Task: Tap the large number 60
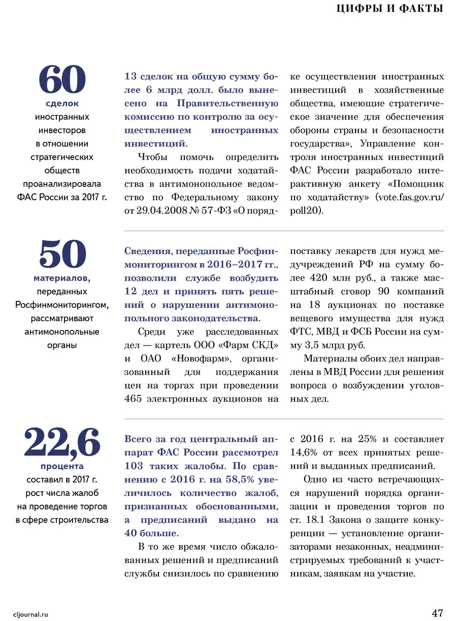(62, 80)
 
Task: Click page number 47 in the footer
(438, 612)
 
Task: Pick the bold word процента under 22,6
(62, 466)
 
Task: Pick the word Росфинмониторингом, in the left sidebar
(62, 305)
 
